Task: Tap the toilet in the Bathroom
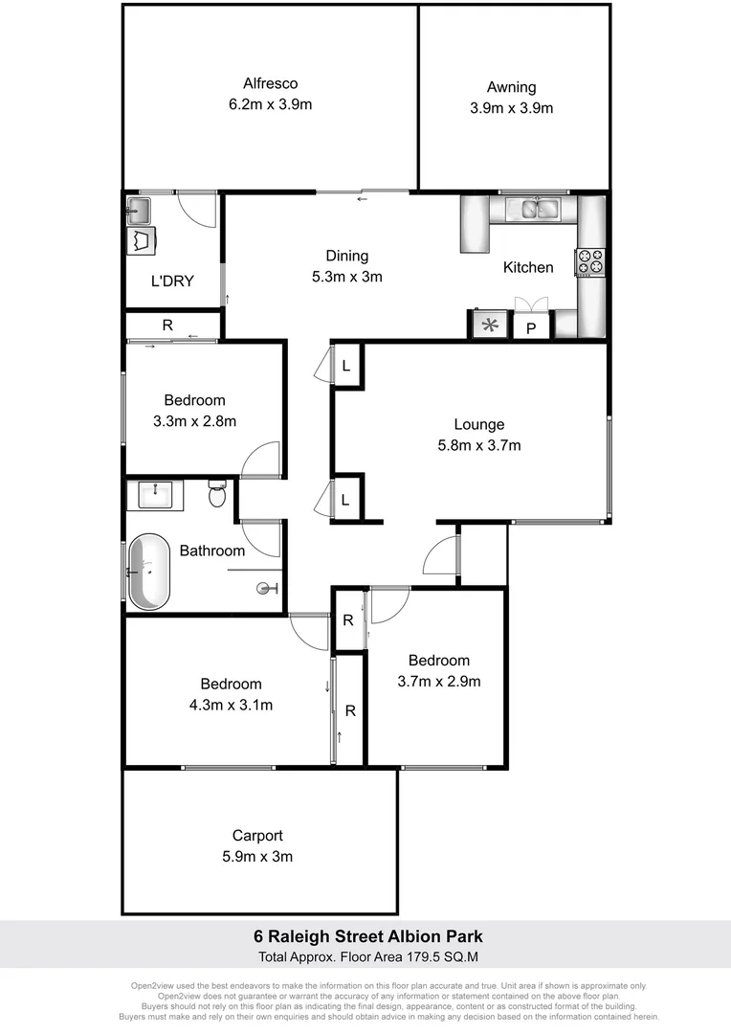217,495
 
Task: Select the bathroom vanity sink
155,494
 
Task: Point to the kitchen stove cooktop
588,261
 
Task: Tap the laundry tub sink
139,211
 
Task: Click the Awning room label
511,87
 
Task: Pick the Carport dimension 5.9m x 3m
257,857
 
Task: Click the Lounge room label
478,424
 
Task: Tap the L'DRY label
172,281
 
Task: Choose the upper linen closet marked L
345,366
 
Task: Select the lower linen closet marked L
345,499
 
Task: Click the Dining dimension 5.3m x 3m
346,278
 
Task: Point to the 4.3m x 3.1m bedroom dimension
231,707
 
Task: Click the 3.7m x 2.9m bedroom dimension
439,682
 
